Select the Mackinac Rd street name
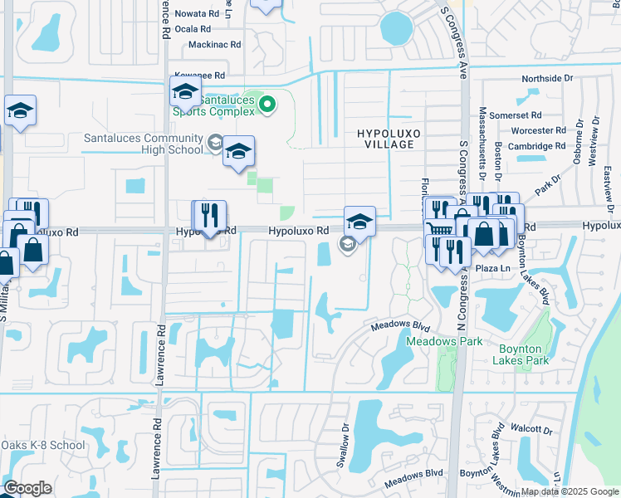(214, 44)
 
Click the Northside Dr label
(547, 78)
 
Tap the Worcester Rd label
(533, 130)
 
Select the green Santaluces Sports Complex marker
(267, 105)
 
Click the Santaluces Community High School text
(143, 144)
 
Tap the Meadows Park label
(432, 341)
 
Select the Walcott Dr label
(532, 430)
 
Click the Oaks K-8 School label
(43, 445)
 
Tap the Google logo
(27, 488)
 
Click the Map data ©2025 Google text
(570, 491)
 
